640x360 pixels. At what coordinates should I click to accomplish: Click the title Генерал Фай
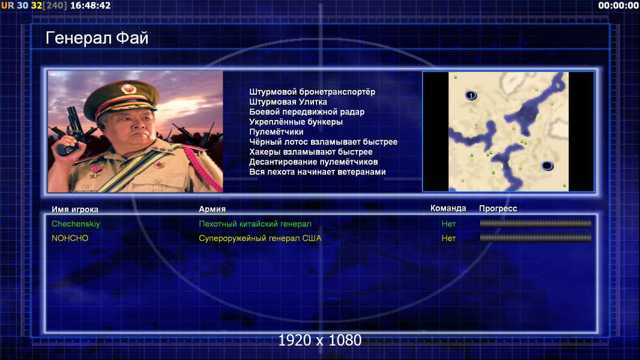coord(97,38)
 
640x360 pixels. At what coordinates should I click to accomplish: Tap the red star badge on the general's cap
coord(128,89)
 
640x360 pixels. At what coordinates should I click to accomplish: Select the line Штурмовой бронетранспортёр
coord(312,92)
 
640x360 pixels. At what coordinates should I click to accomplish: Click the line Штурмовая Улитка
coord(288,102)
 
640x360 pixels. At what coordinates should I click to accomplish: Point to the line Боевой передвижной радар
coord(307,112)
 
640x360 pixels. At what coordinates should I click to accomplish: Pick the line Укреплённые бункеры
coord(296,122)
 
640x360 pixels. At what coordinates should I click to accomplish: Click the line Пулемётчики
coord(276,131)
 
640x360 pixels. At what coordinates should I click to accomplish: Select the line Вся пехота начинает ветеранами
coord(318,172)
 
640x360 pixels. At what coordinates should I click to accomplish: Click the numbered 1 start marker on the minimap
coord(471,95)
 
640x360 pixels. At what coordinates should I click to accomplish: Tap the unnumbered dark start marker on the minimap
coord(547,166)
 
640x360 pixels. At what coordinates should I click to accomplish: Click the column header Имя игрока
coord(74,209)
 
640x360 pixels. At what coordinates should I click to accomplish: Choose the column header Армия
coord(213,209)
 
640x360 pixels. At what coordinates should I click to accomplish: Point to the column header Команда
coord(448,208)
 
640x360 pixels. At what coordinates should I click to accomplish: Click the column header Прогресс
coord(498,209)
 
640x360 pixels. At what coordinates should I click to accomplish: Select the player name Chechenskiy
coord(76,224)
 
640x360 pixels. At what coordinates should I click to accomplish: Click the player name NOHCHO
coord(70,238)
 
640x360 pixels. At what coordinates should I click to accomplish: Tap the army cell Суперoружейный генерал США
coord(260,238)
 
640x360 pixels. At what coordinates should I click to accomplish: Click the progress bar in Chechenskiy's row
coord(536,223)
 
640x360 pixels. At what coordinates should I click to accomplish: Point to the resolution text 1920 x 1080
coord(320,340)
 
